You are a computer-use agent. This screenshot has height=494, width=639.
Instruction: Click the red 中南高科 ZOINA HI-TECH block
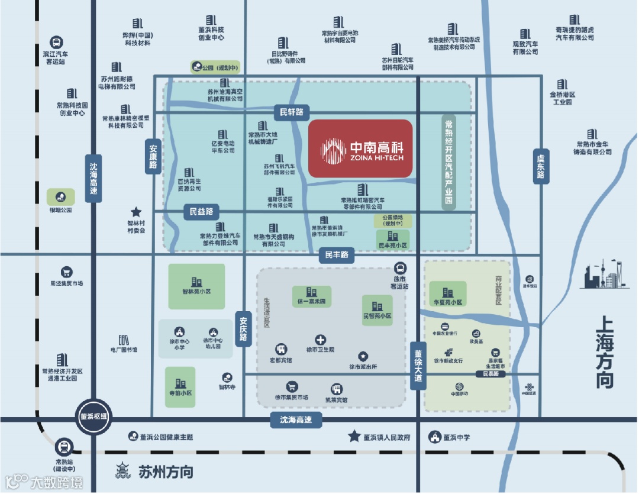[360, 148]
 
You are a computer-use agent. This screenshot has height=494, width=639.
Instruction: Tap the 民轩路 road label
[292, 111]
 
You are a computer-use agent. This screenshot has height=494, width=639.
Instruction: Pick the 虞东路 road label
[540, 166]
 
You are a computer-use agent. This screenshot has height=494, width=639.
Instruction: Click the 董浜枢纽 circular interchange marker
[95, 415]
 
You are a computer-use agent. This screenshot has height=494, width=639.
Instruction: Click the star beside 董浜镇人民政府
[354, 437]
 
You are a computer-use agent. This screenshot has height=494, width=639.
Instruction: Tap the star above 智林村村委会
[136, 211]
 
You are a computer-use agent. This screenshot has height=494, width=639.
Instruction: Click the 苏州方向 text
[166, 472]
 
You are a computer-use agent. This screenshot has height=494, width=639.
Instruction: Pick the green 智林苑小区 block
[196, 286]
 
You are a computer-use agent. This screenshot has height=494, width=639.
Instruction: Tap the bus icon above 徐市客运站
[400, 268]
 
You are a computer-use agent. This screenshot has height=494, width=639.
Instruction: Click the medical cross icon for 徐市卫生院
[320, 340]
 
